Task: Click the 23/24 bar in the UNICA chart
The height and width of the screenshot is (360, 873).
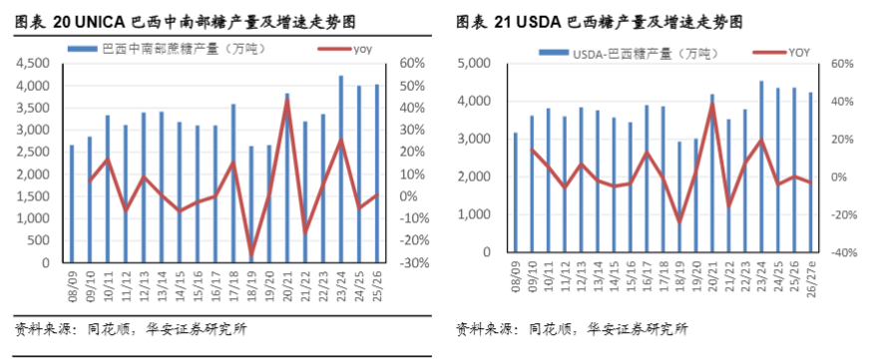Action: [341, 169]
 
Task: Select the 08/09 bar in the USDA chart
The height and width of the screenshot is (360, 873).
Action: [516, 191]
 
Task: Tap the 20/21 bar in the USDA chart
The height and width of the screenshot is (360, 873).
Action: [712, 174]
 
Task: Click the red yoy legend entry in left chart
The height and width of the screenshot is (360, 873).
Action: [344, 49]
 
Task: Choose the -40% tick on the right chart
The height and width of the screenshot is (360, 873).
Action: [840, 252]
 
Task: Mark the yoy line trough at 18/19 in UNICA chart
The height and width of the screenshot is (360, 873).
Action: [251, 255]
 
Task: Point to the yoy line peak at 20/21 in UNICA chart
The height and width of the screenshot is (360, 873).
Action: [286, 99]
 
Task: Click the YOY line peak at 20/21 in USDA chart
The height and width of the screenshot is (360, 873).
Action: [712, 104]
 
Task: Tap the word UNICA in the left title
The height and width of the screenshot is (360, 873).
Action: [98, 23]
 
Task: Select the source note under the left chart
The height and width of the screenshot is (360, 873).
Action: [131, 329]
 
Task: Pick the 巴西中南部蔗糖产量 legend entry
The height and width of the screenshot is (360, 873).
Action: [167, 49]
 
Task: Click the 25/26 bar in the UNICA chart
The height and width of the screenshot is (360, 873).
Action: [376, 174]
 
